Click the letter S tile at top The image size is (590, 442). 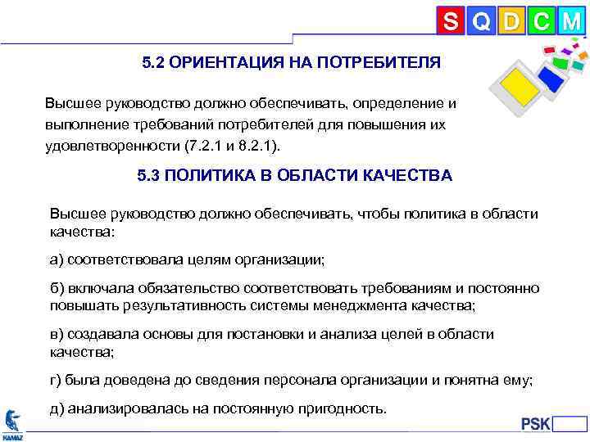[450, 21]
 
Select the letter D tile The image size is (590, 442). [511, 21]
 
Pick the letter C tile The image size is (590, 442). [541, 21]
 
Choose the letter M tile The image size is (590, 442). [571, 21]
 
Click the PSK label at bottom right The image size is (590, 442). [537, 424]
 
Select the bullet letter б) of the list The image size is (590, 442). [57, 288]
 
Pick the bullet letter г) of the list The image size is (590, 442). [57, 380]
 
